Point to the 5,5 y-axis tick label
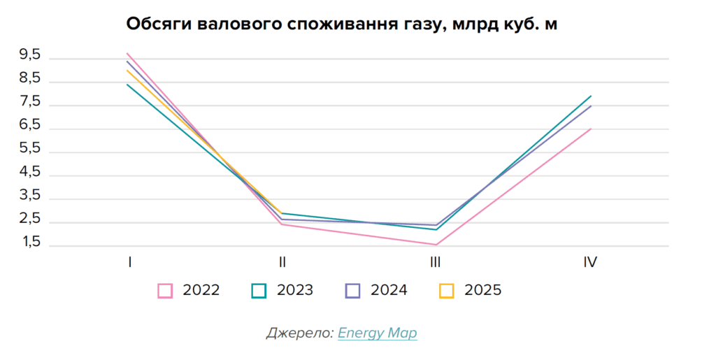click(x=30, y=149)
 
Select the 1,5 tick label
click(x=30, y=243)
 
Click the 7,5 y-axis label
click(x=30, y=102)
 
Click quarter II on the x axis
click(x=282, y=263)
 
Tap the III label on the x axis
click(x=435, y=263)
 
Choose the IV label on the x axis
click(x=590, y=263)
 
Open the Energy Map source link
click(x=377, y=333)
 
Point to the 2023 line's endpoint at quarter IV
click(x=592, y=96)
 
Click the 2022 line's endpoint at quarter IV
click(x=592, y=129)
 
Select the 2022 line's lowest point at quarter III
click(x=435, y=245)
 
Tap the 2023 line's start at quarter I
click(x=127, y=85)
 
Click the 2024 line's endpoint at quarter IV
click(x=592, y=106)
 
